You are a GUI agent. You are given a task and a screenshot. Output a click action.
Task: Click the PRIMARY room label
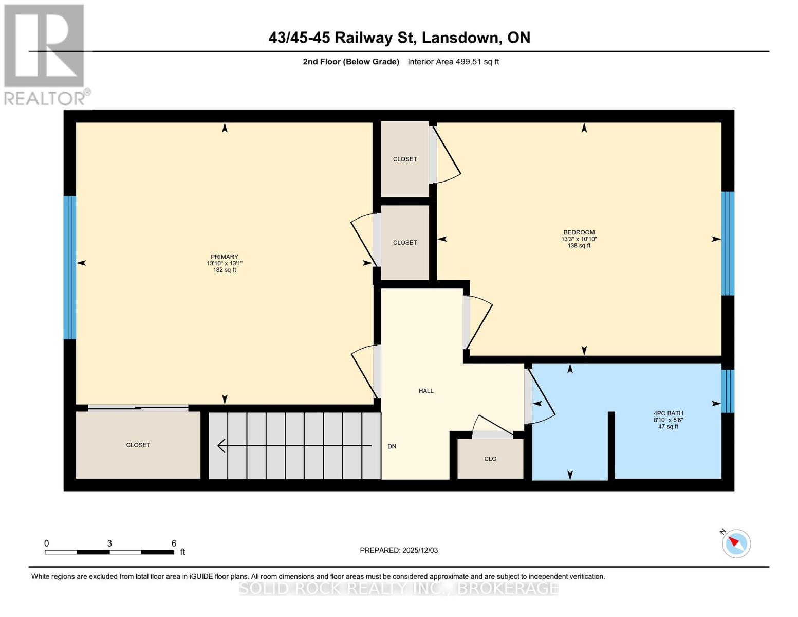coord(225,257)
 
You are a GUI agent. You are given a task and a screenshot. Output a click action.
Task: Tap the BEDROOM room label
coord(579,232)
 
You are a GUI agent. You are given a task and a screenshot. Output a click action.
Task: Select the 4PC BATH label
coord(668,413)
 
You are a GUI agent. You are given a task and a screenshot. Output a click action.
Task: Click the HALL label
coord(426,391)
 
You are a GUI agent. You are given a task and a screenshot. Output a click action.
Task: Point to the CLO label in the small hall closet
coord(490,459)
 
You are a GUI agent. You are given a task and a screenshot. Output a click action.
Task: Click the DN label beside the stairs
coord(392,446)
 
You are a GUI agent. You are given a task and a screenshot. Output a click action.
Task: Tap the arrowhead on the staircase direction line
coord(221,446)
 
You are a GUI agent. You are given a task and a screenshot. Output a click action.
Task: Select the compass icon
coord(736,543)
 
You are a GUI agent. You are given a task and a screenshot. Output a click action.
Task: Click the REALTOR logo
coord(45,55)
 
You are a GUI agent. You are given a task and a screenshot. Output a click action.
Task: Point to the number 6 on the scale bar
coord(174,543)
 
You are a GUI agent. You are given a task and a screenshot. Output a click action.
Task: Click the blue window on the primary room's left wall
coord(70,267)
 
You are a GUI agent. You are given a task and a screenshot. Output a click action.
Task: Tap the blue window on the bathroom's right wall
coord(728,391)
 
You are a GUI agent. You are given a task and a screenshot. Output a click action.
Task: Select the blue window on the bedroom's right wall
coord(728,243)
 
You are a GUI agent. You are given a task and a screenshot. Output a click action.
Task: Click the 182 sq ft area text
coord(225,270)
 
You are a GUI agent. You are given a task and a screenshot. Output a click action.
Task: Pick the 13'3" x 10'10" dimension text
coord(579,239)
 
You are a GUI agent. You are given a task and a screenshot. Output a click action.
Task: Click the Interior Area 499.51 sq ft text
coord(453,62)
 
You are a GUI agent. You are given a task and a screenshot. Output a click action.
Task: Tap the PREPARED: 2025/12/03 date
coord(399,550)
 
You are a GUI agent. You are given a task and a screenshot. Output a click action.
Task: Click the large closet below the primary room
coord(138,445)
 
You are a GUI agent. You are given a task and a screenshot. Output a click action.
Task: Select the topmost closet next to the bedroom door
coord(405,159)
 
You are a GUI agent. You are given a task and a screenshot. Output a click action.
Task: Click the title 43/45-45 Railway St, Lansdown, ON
coord(399,38)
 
